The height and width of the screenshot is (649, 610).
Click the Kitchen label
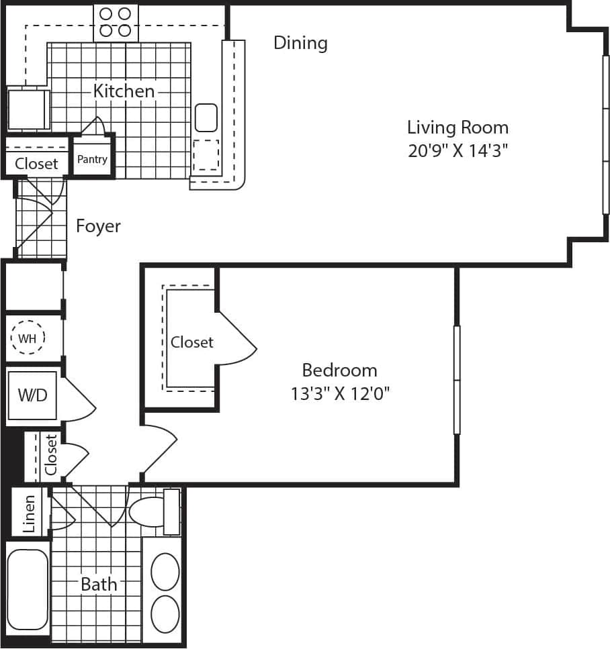pos(124,91)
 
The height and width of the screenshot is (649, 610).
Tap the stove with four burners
pos(116,22)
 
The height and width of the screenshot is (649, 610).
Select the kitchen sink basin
pos(206,117)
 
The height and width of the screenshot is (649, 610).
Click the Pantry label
pos(92,159)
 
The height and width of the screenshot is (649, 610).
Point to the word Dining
pos(300,43)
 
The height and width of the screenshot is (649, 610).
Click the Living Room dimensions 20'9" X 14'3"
pos(457,150)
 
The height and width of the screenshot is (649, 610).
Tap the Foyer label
pos(98,226)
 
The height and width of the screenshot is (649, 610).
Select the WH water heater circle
pos(28,338)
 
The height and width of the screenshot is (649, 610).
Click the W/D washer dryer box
pos(32,395)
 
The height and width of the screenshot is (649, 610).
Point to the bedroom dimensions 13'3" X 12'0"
pos(340,393)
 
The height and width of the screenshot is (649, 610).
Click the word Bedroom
pos(339,370)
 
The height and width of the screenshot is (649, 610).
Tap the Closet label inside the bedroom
pos(191,342)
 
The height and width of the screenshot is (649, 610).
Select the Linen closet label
pos(30,513)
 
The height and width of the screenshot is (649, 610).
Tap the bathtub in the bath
pos(28,589)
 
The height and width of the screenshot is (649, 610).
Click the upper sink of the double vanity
pos(165,572)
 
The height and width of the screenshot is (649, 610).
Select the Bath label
pos(99,585)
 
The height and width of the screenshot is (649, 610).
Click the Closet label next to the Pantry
pos(36,163)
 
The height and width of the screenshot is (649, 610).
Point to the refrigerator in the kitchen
pos(27,109)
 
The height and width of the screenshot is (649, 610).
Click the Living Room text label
pos(457,128)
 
